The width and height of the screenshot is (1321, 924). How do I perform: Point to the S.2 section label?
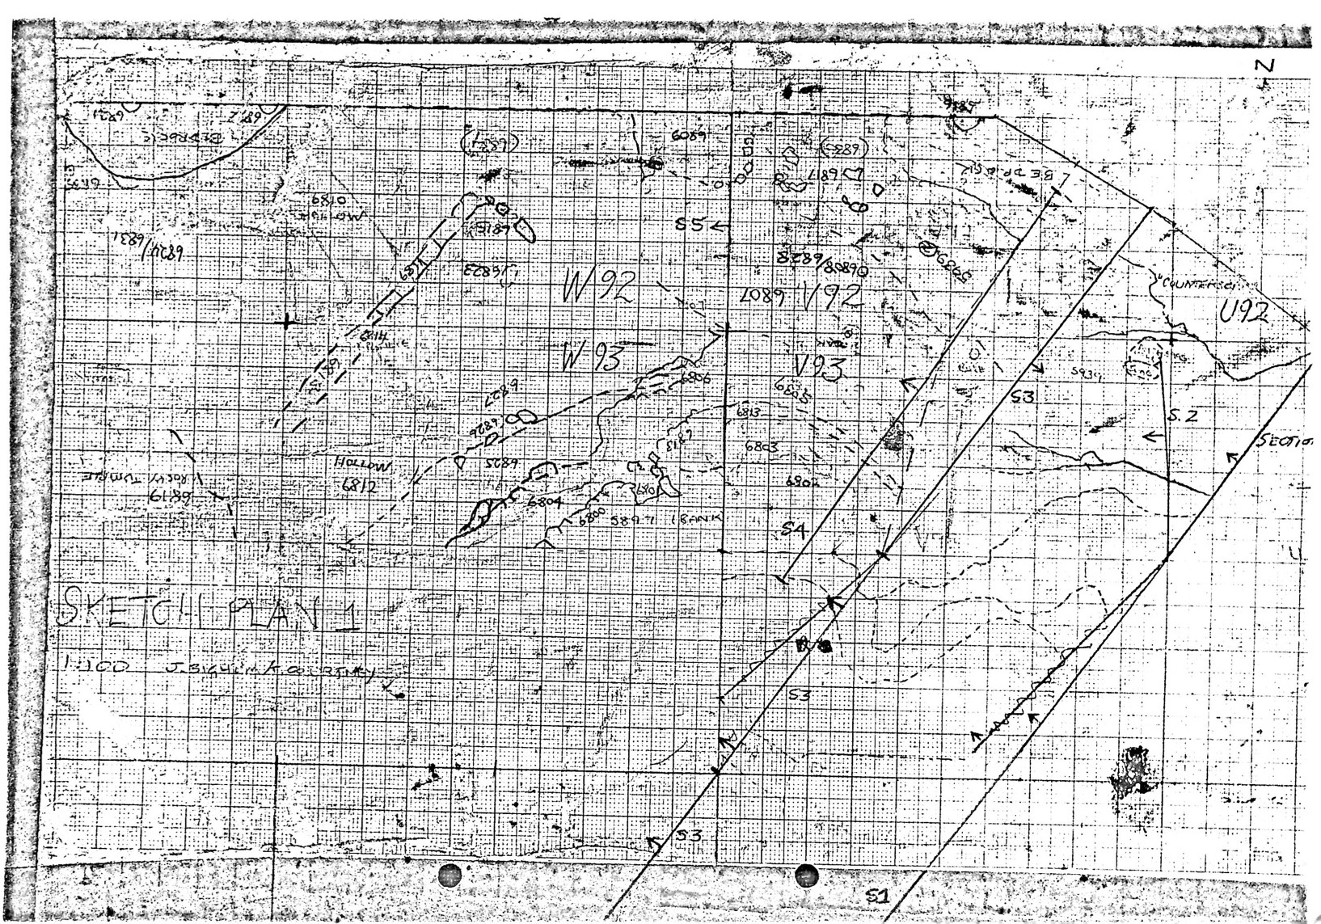pyautogui.click(x=1182, y=416)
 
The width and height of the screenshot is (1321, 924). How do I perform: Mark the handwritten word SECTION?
pyautogui.click(x=1285, y=441)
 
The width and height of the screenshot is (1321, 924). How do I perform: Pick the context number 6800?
pyautogui.click(x=592, y=517)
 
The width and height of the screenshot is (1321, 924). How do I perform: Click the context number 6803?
pyautogui.click(x=761, y=445)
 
